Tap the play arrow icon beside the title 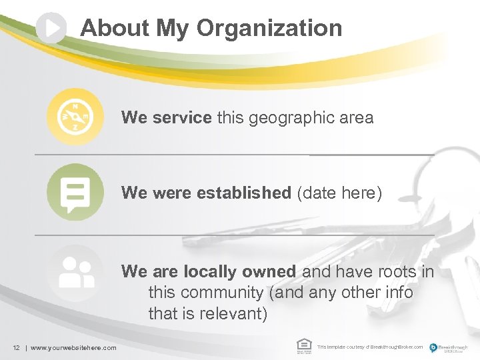click(x=52, y=28)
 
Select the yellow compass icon click(x=75, y=117)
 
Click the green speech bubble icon click(x=75, y=192)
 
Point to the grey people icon click(x=75, y=272)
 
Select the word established click(x=243, y=193)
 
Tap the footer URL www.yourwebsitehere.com click(x=73, y=347)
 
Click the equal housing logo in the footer click(x=304, y=345)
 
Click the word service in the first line click(x=181, y=118)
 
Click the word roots click(x=398, y=271)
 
